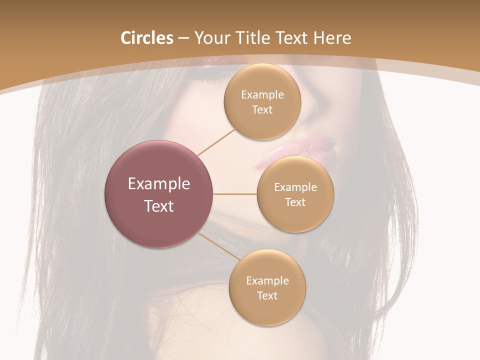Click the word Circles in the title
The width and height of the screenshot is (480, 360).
[x=147, y=38]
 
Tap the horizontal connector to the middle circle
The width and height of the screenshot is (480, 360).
[x=235, y=194]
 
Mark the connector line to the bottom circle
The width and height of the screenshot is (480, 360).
[x=218, y=247]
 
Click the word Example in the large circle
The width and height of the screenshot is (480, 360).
[x=159, y=184]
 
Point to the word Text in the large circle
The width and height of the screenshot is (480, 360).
[x=159, y=206]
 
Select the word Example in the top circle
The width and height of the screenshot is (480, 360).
[x=262, y=95]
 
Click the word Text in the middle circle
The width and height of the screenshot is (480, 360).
[x=295, y=202]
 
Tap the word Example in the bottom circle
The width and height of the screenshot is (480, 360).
[x=267, y=281]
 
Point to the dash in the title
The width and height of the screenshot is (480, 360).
[x=183, y=38]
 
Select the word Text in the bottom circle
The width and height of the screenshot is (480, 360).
[x=267, y=296]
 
